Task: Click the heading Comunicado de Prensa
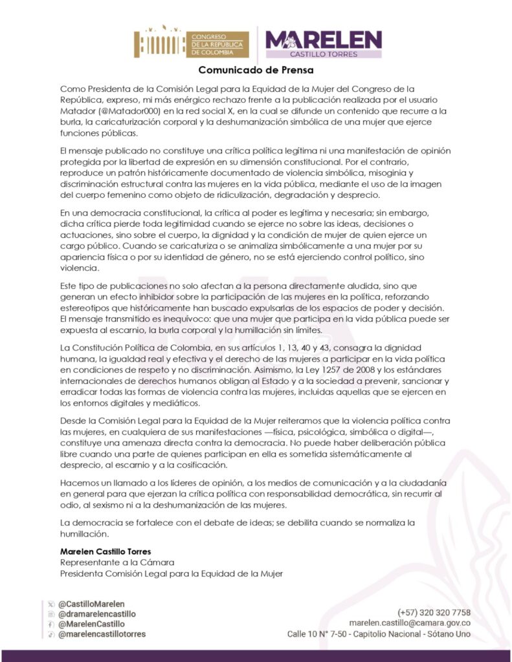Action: (x=256, y=70)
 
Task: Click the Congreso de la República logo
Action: (x=191, y=43)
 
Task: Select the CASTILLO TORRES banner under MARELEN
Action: (x=324, y=54)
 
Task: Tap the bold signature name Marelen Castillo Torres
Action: (x=106, y=551)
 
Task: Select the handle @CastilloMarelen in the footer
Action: (x=91, y=604)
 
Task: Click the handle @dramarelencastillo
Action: (x=97, y=614)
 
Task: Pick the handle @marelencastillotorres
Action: (x=102, y=634)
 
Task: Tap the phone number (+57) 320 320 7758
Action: (x=434, y=613)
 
